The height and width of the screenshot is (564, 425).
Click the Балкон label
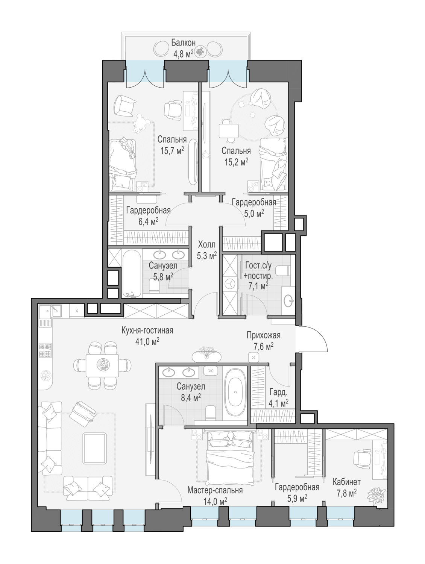tap(184, 42)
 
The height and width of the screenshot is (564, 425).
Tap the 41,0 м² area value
tap(147, 341)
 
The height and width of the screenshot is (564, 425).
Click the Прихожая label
tap(263, 335)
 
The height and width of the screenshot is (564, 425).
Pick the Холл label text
tap(206, 244)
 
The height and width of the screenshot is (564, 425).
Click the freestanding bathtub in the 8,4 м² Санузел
tap(235, 392)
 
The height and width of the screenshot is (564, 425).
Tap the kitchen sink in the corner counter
tap(50, 311)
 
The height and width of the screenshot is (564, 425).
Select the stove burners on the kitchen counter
tap(45, 350)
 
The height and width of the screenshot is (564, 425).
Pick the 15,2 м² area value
tap(237, 162)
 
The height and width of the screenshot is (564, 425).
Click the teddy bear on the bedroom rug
tap(140, 123)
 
